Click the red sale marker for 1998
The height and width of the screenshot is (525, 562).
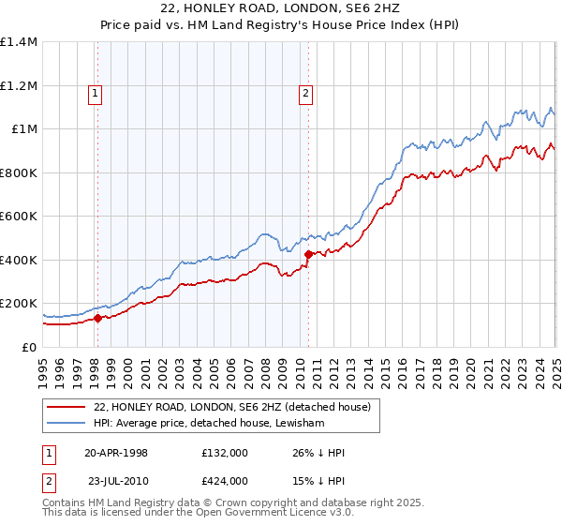point(97,318)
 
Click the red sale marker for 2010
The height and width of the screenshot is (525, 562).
point(308,253)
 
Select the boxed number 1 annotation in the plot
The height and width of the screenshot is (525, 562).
point(96,92)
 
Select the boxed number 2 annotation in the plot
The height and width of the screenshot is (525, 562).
point(306,92)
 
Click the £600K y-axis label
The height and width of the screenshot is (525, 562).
point(18,217)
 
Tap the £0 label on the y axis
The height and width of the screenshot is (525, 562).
point(27,347)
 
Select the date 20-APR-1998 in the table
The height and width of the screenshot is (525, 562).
point(116,452)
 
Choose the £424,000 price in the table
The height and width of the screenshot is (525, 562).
point(224,480)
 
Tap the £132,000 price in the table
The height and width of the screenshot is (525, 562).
point(224,452)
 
